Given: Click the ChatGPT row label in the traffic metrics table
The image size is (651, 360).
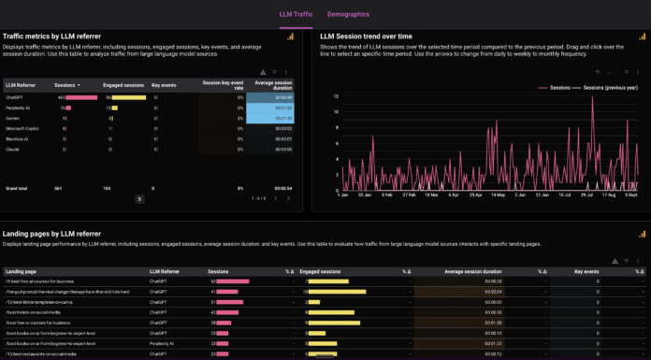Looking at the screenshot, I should pos(16,96).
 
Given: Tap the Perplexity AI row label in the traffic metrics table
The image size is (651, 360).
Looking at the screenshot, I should pos(21,108).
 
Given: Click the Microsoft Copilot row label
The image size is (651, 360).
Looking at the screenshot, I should pos(22,128).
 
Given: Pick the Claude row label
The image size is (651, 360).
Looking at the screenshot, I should pos(12,149).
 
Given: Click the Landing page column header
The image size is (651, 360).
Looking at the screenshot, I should pos(22,270).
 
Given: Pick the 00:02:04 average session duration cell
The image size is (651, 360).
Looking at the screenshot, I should pos(493,291).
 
